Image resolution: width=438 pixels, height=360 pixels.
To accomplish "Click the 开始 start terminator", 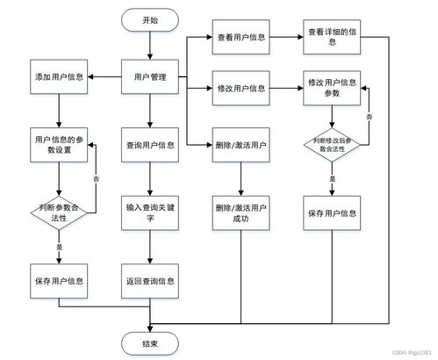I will pyautogui.click(x=150, y=19).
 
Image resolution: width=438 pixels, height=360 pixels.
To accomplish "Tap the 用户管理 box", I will pyautogui.click(x=150, y=78).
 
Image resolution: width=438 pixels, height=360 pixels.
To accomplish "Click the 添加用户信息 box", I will pyautogui.click(x=58, y=78).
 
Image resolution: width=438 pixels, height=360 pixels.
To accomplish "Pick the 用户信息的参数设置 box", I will pyautogui.click(x=58, y=145).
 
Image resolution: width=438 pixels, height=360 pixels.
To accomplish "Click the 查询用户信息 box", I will pyautogui.click(x=150, y=146).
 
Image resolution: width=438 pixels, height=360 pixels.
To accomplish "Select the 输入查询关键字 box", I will pyautogui.click(x=150, y=213).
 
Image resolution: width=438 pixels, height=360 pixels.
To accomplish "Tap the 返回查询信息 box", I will pyautogui.click(x=150, y=281).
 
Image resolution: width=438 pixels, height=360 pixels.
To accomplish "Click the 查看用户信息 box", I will pyautogui.click(x=241, y=39).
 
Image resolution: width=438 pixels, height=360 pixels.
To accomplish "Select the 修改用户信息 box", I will pyautogui.click(x=241, y=89).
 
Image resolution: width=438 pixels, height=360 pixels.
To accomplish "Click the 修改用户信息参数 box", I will pyautogui.click(x=333, y=89).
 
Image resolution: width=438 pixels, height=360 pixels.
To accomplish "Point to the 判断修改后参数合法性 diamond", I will pyautogui.click(x=333, y=145).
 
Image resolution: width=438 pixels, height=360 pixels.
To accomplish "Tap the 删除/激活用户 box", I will pyautogui.click(x=241, y=146).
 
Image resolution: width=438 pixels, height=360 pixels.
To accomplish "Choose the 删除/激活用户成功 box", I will pyautogui.click(x=241, y=213).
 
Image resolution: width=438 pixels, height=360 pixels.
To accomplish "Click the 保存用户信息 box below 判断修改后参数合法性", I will pyautogui.click(x=333, y=213).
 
